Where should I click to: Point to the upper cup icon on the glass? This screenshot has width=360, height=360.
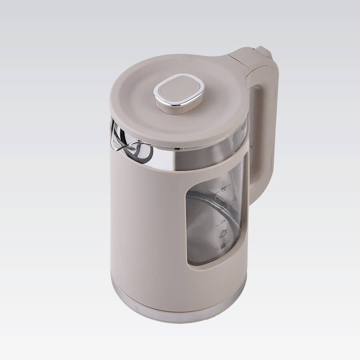224,205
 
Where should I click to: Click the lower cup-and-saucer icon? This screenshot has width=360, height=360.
222,234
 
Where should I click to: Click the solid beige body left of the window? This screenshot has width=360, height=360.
148,224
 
